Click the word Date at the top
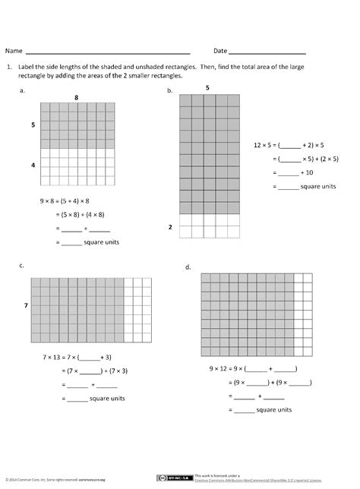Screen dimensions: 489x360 click(x=220, y=51)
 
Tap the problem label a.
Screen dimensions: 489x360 click(x=24, y=90)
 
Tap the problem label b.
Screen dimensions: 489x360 click(x=169, y=90)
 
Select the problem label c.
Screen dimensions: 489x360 click(x=23, y=265)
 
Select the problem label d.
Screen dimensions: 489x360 click(x=187, y=267)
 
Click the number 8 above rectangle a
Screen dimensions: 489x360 click(x=77, y=98)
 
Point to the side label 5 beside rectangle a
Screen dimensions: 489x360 click(x=33, y=125)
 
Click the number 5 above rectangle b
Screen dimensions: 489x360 click(x=207, y=89)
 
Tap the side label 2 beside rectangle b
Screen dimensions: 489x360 click(x=170, y=226)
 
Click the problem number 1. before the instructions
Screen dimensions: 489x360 click(x=9, y=67)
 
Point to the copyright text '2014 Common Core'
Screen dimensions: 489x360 click(x=30, y=480)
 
